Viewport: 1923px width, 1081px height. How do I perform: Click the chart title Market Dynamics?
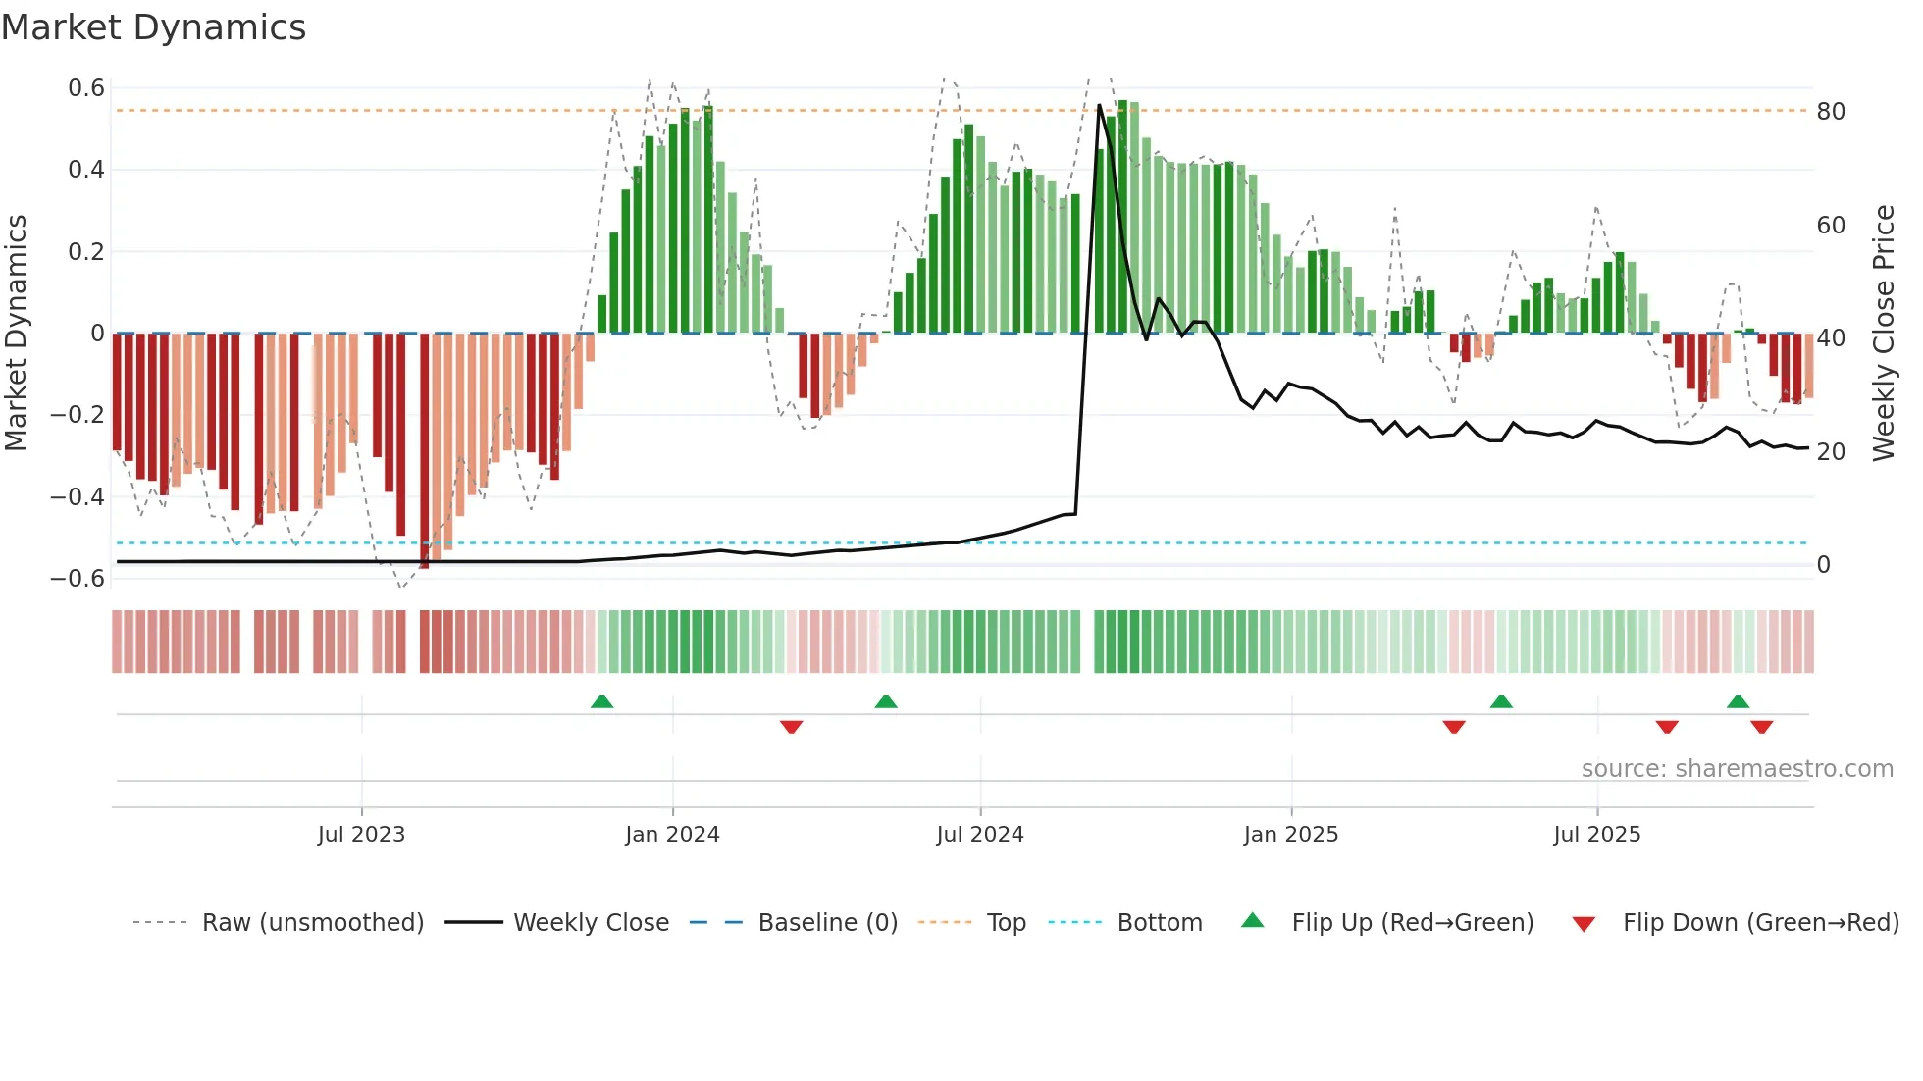point(153,27)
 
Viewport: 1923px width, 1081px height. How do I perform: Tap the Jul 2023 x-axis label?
point(361,835)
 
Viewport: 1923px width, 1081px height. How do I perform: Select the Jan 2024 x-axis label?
point(672,835)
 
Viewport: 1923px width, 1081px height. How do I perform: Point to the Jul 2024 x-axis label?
point(979,835)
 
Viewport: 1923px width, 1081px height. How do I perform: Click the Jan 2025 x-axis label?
point(1290,835)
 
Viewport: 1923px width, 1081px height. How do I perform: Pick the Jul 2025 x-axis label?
point(1596,835)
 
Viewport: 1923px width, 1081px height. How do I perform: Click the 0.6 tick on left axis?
point(86,88)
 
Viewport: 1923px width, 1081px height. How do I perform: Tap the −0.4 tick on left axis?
point(78,497)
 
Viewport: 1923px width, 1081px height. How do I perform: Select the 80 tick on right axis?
point(1831,112)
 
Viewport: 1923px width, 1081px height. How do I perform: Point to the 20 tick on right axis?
point(1831,452)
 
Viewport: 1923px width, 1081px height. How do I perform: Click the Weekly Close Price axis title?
point(1883,334)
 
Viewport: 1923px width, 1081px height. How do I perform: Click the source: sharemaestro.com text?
point(1737,769)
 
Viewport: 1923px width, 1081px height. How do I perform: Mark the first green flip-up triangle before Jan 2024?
point(602,701)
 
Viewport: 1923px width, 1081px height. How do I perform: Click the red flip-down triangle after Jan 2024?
point(792,727)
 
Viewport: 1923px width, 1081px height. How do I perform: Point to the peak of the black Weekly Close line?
point(1099,105)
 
